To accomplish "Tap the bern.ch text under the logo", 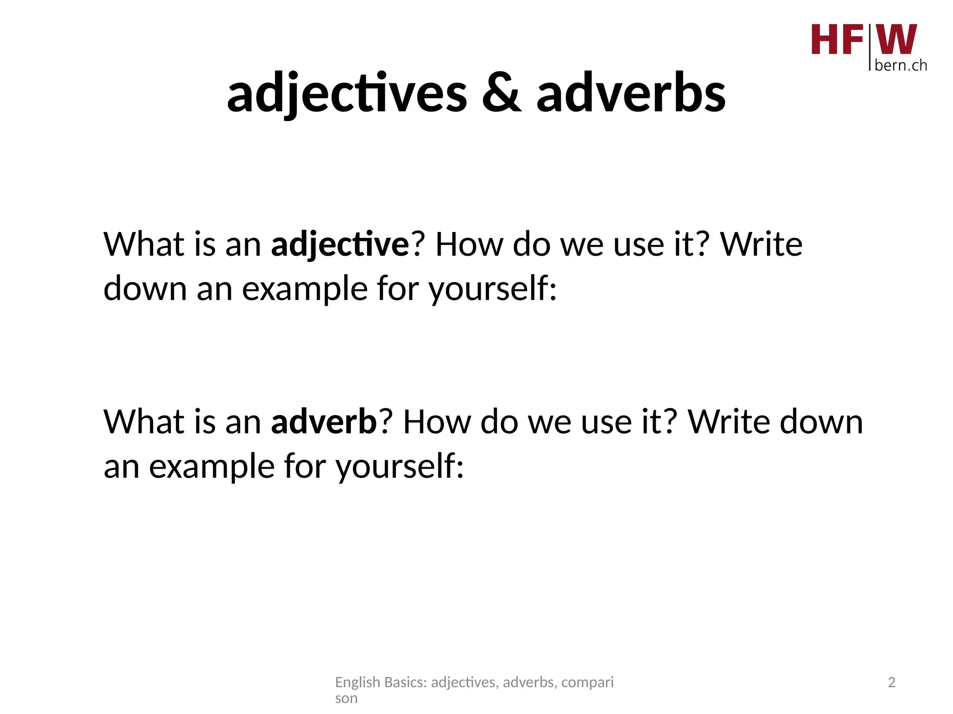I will tap(900, 66).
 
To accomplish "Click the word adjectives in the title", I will tap(347, 93).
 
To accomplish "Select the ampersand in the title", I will tap(501, 93).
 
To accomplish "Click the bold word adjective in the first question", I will tap(340, 245).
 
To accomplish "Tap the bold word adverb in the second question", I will tap(324, 422).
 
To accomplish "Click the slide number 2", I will tap(892, 682).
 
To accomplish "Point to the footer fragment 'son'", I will tap(346, 698).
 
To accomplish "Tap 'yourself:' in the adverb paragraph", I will tap(400, 467).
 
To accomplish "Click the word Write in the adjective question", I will tap(761, 245).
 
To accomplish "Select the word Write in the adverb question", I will tap(729, 422).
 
